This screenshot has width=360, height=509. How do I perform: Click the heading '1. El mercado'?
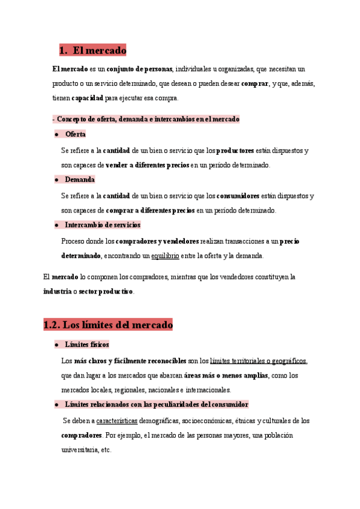pos(92,50)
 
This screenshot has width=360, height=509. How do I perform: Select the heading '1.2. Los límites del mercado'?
pos(108,325)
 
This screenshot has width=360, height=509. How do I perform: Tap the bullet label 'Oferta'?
pos(75,134)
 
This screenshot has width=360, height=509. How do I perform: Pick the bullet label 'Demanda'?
pos(79,179)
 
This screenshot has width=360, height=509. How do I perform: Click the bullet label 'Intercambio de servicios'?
pos(102,224)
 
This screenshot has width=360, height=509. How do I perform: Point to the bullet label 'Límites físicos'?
pos(86,345)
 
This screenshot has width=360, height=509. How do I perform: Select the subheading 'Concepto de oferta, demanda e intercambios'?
pos(148,119)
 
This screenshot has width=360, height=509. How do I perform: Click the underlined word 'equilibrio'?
pos(165,256)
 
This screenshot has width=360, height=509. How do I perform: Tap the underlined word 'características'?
pos(116,421)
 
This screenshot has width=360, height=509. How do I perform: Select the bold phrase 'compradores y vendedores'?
pos(157,241)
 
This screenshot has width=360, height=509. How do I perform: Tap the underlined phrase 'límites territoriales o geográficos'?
pos(259,361)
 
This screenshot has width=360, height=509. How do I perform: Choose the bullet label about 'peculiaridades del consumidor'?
pos(156,405)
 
